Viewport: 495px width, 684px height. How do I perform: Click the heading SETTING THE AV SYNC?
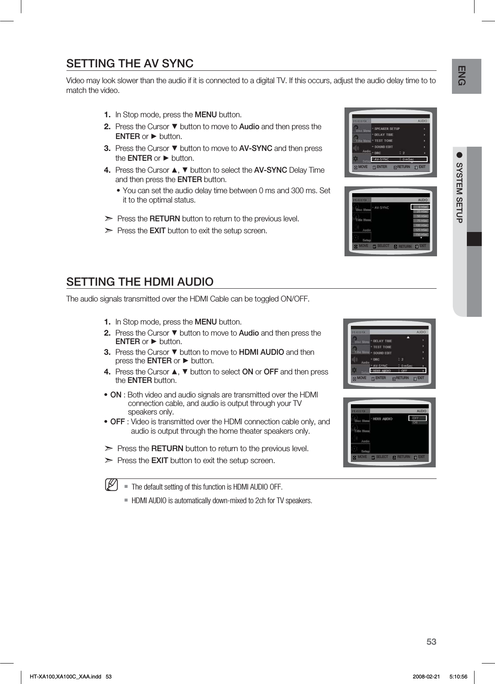130,64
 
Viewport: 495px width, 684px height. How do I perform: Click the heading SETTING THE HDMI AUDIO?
140,282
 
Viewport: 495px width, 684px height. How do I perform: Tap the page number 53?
431,642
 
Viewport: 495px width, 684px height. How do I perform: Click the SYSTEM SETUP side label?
459,192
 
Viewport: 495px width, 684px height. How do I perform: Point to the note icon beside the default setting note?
112,484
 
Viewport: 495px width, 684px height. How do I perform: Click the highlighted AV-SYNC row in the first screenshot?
399,159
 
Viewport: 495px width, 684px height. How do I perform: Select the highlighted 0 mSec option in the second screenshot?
421,207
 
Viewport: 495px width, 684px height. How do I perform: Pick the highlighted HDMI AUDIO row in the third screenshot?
398,371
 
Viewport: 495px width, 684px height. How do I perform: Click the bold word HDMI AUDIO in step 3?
261,352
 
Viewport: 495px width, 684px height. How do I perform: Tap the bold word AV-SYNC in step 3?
256,148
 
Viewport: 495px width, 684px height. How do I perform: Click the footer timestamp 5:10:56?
458,677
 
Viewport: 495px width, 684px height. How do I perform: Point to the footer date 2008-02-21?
426,677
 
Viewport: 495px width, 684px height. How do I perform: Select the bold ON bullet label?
116,395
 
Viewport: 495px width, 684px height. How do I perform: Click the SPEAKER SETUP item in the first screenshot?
387,128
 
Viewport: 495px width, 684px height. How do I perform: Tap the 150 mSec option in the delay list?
422,235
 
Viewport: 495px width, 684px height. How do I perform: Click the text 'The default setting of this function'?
179,487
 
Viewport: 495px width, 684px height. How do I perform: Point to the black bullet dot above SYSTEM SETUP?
459,154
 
